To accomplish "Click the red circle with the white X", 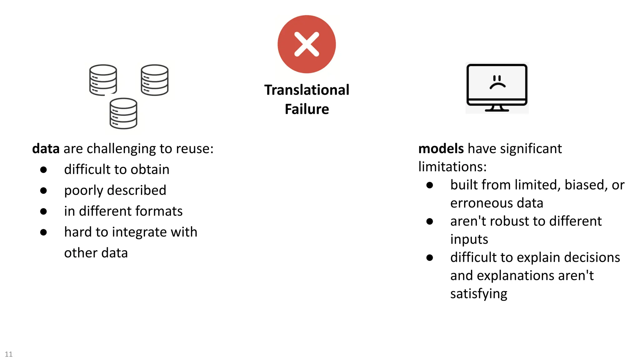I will (307, 44).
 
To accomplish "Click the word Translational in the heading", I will (307, 90).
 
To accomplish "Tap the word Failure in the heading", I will (307, 109).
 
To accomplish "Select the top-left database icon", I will (103, 80).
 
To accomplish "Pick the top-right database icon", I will (154, 80).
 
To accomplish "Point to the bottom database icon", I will (123, 113).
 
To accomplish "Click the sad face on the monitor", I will (497, 82).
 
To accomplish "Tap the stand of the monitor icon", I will (497, 108).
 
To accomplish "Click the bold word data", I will (46, 149).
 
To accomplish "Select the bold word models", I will (441, 149).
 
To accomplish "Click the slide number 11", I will (9, 354).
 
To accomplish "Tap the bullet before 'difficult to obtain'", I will (43, 170).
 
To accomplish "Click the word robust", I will (509, 221).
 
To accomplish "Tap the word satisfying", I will (478, 294).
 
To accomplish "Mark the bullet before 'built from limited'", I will (430, 185).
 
